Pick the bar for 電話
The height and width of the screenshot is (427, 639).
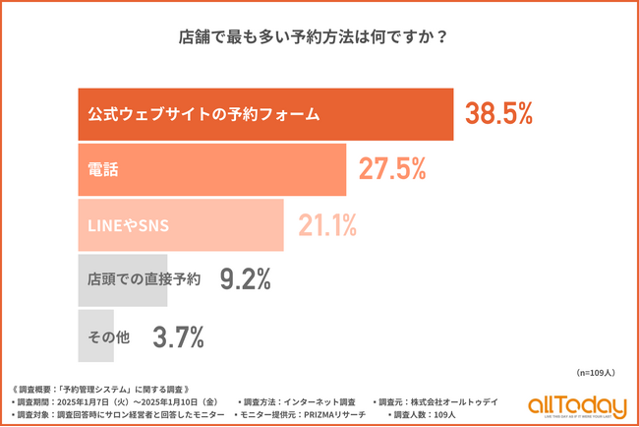[x=211, y=169]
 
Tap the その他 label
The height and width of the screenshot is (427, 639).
[x=110, y=336]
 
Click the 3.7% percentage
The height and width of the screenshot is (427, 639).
[x=178, y=336]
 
